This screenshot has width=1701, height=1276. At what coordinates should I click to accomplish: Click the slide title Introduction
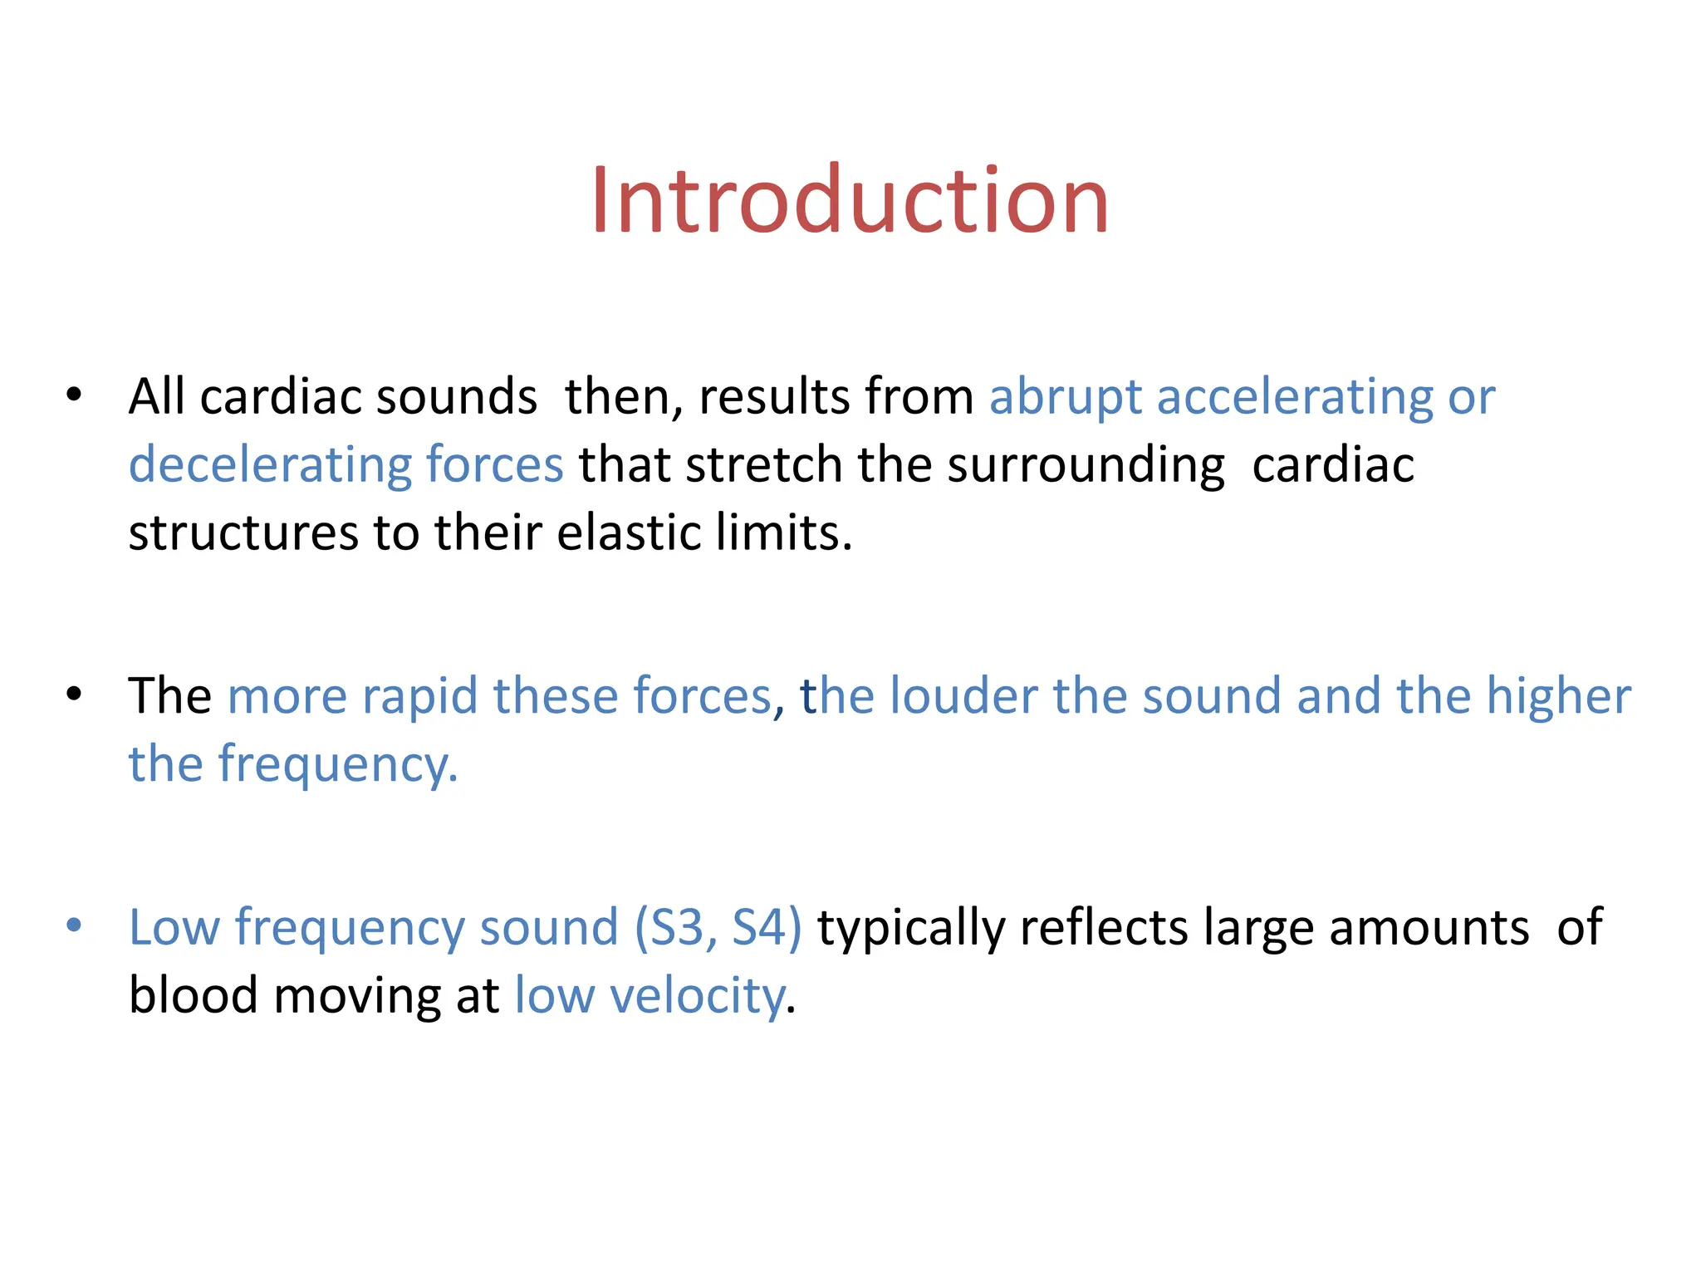click(x=850, y=201)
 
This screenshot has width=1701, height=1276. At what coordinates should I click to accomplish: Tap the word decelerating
click(x=269, y=465)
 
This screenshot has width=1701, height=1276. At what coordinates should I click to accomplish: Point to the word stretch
click(x=764, y=465)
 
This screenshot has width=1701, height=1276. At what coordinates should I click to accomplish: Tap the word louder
click(x=963, y=696)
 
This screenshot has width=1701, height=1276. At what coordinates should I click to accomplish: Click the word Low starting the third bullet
click(x=174, y=927)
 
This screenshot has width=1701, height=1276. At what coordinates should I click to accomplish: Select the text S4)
click(x=767, y=927)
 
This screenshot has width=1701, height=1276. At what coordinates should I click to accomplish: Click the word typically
click(x=911, y=929)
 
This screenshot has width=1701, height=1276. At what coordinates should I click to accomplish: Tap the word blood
click(x=194, y=995)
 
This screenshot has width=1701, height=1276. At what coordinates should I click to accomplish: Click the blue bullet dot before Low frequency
click(x=74, y=925)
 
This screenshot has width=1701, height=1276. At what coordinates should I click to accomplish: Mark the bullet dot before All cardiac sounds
click(x=74, y=394)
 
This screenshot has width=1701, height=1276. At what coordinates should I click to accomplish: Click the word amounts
click(x=1429, y=927)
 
